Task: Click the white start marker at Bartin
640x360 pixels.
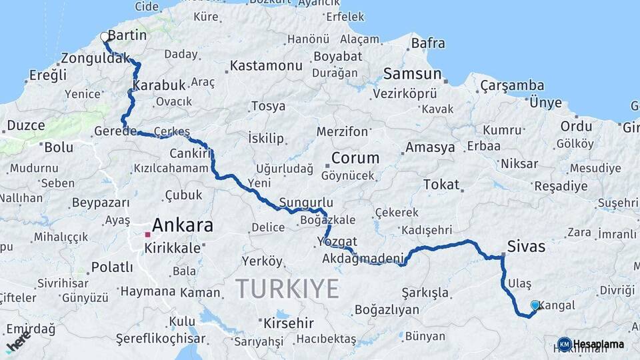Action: pyautogui.click(x=104, y=37)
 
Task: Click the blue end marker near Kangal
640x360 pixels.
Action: pyautogui.click(x=535, y=305)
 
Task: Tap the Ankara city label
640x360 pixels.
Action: pyautogui.click(x=182, y=225)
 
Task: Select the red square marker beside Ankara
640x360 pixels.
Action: pyautogui.click(x=147, y=234)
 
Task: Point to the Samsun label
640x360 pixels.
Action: pyautogui.click(x=412, y=74)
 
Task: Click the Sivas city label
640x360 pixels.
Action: pyautogui.click(x=525, y=247)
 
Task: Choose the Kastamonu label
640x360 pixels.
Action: pyautogui.click(x=266, y=66)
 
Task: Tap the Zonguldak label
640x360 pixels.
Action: pyautogui.click(x=95, y=58)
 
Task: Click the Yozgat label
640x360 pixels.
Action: pyautogui.click(x=337, y=241)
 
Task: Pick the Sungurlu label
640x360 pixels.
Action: pyautogui.click(x=306, y=202)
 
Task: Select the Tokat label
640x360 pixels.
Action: pyautogui.click(x=441, y=184)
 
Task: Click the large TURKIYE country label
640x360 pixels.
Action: pyautogui.click(x=287, y=289)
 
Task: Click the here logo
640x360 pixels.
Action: pyautogui.click(x=18, y=341)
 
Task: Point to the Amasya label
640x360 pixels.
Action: pyautogui.click(x=430, y=147)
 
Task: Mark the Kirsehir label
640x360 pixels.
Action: pyautogui.click(x=288, y=323)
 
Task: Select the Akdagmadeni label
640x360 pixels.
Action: pyautogui.click(x=363, y=259)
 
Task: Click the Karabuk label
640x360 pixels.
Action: pyautogui.click(x=158, y=86)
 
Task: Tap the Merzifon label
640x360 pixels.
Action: pyautogui.click(x=342, y=131)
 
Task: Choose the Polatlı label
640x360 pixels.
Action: pyautogui.click(x=111, y=267)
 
